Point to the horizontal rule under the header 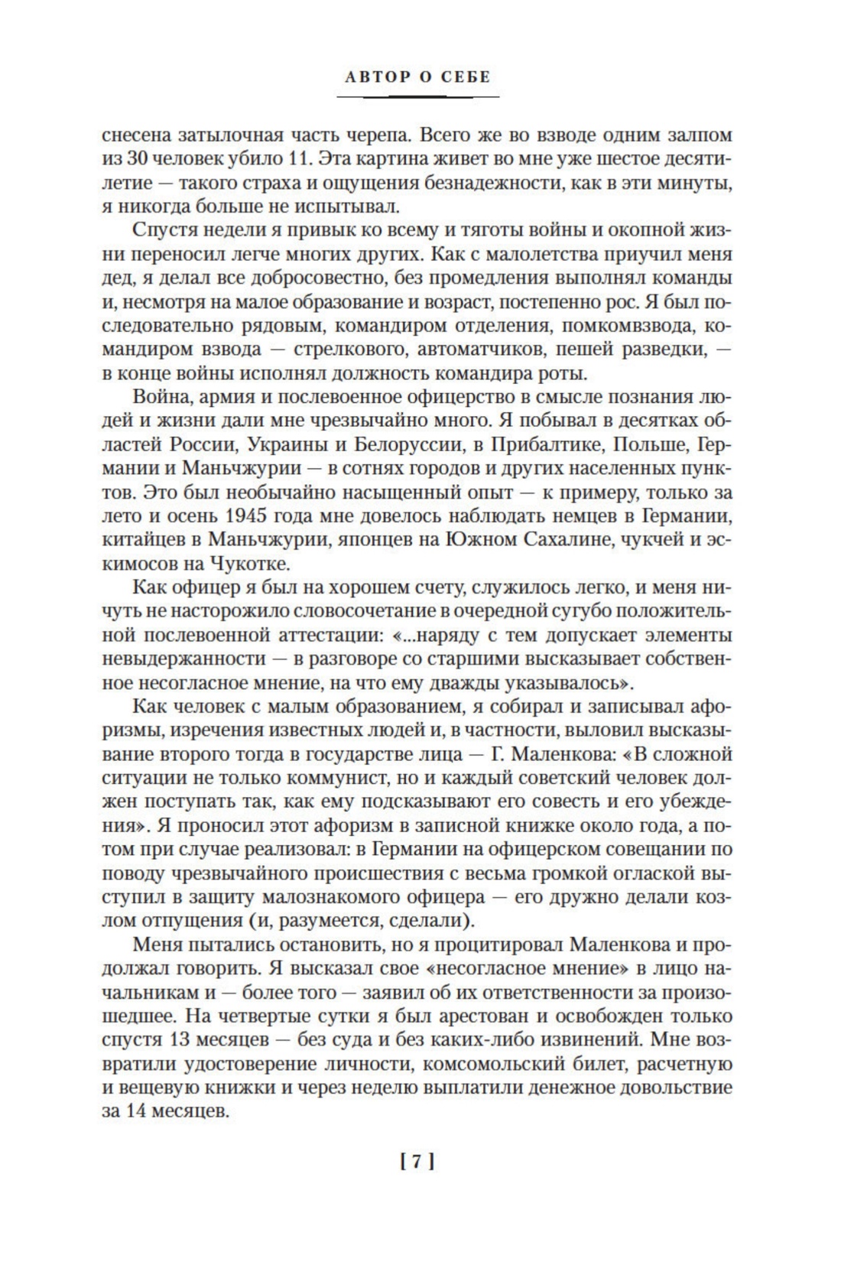tap(418, 97)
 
